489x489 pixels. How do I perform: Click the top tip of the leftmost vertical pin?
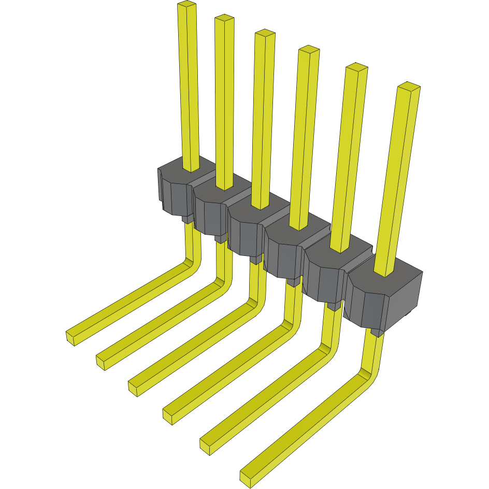(x=187, y=5)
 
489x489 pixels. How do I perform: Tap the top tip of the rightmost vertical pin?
(x=408, y=86)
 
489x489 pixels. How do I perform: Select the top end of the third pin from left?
(x=264, y=34)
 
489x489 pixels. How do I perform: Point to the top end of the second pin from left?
(x=224, y=19)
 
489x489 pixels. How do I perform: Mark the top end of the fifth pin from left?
(x=356, y=67)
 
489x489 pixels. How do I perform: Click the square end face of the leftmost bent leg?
(x=71, y=338)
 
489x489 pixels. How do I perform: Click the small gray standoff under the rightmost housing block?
(x=377, y=332)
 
